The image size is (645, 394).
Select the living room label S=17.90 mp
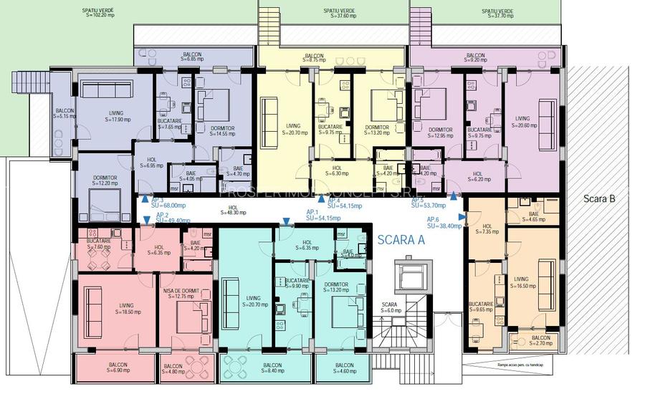pyautogui.click(x=115, y=117)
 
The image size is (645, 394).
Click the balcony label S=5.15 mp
pyautogui.click(x=64, y=113)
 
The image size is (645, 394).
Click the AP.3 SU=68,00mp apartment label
pyautogui.click(x=163, y=203)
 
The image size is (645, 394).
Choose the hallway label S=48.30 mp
pyautogui.click(x=233, y=211)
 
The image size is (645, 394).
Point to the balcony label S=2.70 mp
pyautogui.click(x=540, y=341)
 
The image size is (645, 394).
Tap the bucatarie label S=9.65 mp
pyautogui.click(x=482, y=307)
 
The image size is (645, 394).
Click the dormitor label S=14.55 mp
pyautogui.click(x=219, y=131)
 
